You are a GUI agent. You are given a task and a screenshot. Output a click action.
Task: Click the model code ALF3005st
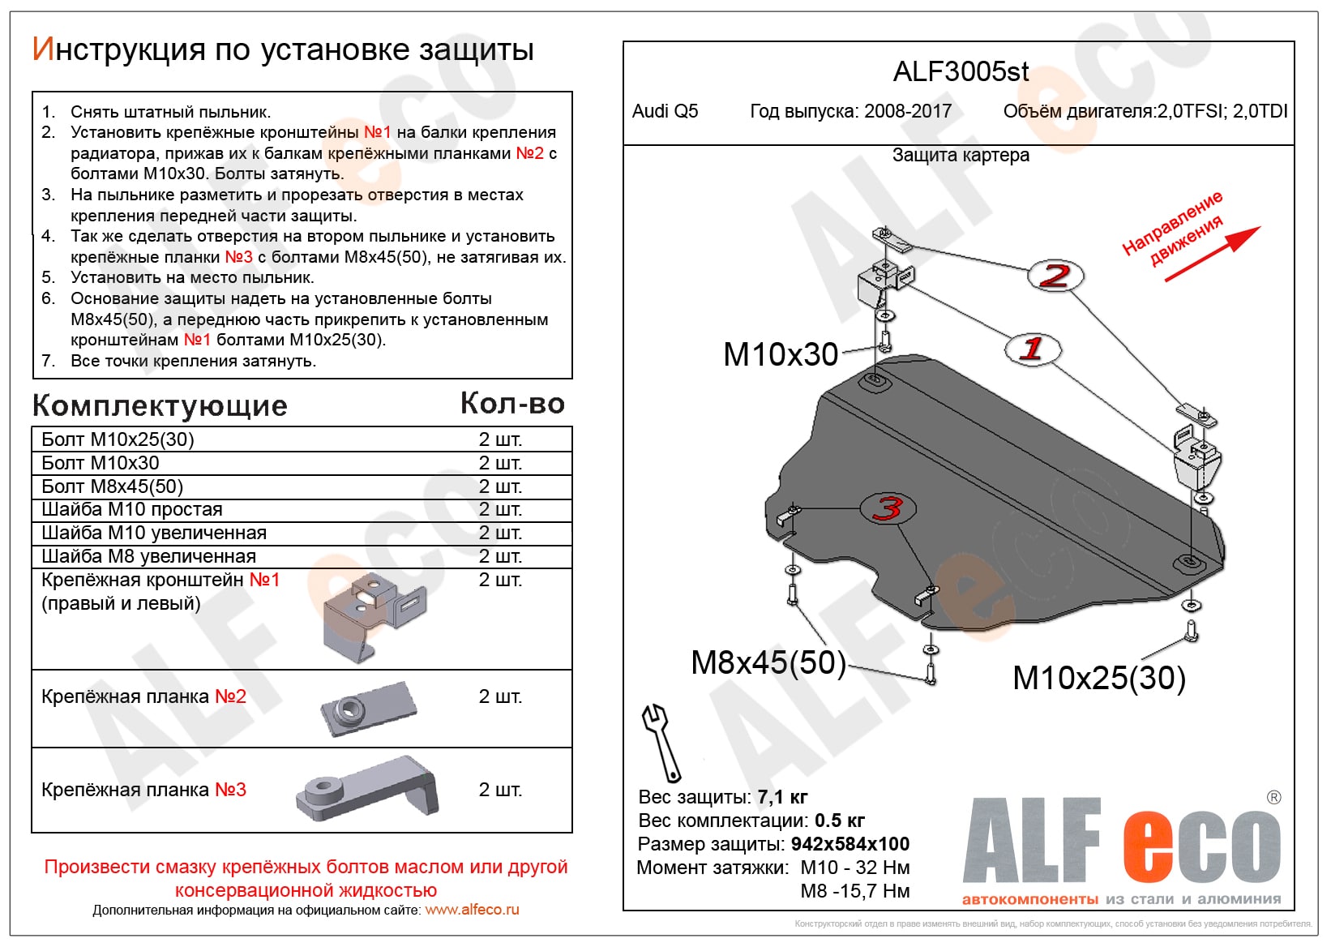click(x=961, y=72)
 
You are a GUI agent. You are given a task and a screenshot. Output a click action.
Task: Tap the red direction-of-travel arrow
click(x=1213, y=253)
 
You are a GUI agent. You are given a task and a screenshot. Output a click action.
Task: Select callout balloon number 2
click(x=1055, y=276)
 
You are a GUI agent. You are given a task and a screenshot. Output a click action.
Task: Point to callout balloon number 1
click(x=1032, y=349)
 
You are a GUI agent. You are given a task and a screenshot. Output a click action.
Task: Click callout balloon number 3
click(x=888, y=508)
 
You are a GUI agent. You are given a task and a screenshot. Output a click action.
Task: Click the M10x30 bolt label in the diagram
click(x=780, y=354)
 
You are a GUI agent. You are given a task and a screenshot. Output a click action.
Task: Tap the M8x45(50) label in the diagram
click(x=768, y=662)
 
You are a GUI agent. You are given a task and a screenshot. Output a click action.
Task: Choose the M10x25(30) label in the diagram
click(x=1098, y=678)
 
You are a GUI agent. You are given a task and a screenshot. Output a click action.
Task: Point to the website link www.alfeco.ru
click(x=472, y=910)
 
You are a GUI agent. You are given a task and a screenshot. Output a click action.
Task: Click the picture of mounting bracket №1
click(x=372, y=616)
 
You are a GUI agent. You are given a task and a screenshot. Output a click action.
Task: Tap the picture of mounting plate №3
click(x=369, y=788)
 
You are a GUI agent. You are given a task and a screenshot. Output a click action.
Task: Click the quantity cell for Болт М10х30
click(x=500, y=463)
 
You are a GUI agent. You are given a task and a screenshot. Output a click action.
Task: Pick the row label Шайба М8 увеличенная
click(x=148, y=556)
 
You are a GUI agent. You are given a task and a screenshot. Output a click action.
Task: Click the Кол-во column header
click(x=511, y=403)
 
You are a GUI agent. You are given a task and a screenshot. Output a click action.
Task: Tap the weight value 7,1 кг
click(x=782, y=797)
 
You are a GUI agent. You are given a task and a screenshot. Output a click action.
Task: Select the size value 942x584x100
click(x=850, y=844)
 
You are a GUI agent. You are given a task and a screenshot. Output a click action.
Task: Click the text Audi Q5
click(x=665, y=111)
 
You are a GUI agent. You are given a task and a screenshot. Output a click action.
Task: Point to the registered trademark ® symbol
click(x=1273, y=798)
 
